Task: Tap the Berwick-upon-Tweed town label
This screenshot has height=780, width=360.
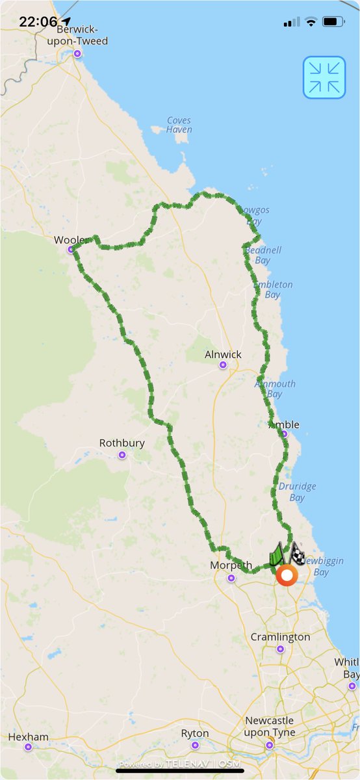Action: [x=82, y=35]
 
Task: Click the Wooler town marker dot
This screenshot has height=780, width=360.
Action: [x=71, y=250]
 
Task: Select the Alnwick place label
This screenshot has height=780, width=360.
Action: [x=223, y=354]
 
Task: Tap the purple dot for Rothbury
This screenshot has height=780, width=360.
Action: [x=122, y=455]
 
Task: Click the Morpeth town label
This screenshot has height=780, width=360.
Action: [x=231, y=565]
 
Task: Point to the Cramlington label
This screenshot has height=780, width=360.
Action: [x=280, y=637]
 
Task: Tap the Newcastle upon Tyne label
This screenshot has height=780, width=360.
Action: [x=270, y=727]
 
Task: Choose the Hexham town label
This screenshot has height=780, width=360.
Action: [x=28, y=736]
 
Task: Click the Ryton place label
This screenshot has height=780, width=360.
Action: [x=195, y=733]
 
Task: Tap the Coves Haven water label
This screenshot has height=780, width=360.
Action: [x=179, y=125]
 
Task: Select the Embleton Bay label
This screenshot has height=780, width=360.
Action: [x=273, y=289]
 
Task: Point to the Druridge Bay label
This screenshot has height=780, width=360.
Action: [x=296, y=492]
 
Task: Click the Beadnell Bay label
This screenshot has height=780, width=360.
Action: [x=263, y=255]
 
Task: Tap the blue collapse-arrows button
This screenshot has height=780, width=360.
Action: [x=324, y=77]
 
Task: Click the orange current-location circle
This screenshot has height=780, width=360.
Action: [x=286, y=575]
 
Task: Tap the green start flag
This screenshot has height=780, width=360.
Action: [x=276, y=555]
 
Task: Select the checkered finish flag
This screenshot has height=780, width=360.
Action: [x=297, y=554]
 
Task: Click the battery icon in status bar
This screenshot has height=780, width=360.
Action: [x=333, y=21]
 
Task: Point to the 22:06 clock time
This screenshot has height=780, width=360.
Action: [x=38, y=21]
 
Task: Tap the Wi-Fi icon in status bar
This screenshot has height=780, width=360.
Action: [x=311, y=21]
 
